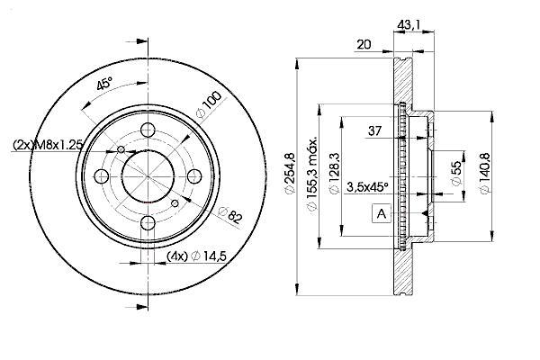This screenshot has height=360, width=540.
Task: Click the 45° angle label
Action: point(104,84)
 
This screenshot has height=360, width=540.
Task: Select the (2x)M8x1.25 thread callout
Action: point(48,145)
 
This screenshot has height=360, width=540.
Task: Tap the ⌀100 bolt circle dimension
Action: point(209,104)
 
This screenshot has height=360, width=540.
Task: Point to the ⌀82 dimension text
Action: point(231,214)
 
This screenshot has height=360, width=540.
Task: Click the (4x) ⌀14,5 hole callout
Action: point(196,256)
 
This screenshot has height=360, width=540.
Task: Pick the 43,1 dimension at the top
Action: point(409,25)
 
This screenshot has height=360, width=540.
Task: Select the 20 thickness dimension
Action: point(364,44)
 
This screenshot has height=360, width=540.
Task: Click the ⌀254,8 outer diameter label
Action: point(290,173)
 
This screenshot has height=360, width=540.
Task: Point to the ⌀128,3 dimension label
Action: point(335,174)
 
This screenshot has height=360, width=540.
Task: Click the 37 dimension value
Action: point(375,130)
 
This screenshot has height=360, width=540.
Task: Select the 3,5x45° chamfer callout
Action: point(367,187)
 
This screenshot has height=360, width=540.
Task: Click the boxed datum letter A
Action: point(382,213)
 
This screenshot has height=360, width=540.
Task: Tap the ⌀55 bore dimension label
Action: point(455,174)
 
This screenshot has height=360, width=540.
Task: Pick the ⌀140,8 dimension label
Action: point(484,174)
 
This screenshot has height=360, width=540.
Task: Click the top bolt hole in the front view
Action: point(148,130)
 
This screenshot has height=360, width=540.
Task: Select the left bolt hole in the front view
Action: point(102,176)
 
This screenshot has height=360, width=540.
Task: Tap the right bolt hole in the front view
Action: point(194,176)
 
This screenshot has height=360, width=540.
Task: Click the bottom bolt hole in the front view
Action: point(148,222)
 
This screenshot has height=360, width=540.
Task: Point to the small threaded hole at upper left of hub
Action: point(121,149)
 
